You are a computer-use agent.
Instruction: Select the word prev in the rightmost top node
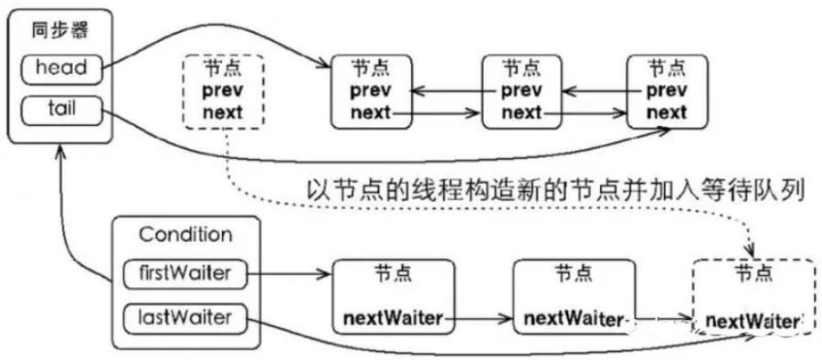(x=667, y=91)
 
